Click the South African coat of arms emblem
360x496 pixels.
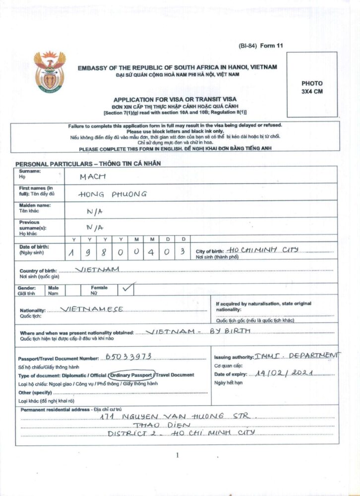click(x=50, y=71)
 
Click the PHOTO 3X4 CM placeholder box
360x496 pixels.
click(x=311, y=84)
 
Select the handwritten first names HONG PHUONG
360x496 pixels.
click(x=113, y=194)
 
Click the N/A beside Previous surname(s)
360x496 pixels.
click(x=95, y=228)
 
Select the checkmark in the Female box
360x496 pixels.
click(x=128, y=287)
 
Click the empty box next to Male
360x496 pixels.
click(x=73, y=290)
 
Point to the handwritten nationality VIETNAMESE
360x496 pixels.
click(x=92, y=309)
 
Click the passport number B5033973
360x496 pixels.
click(x=128, y=357)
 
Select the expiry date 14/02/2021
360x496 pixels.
click(x=284, y=374)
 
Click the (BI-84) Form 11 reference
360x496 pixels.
click(x=260, y=46)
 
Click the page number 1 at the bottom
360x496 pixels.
click(x=177, y=455)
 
